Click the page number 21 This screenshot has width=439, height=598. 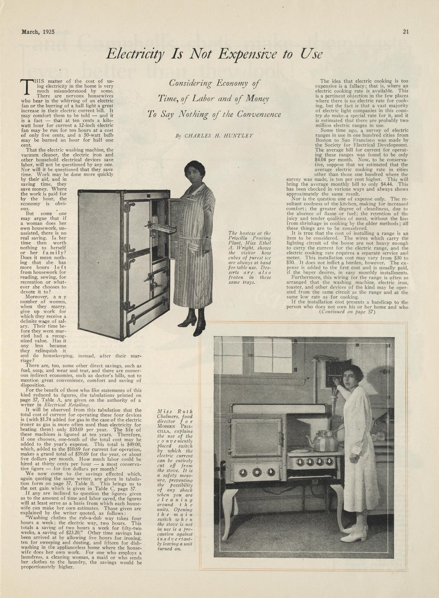[x=406, y=31]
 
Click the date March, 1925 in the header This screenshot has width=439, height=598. [x=41, y=31]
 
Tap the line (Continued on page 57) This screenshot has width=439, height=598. [x=347, y=312]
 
